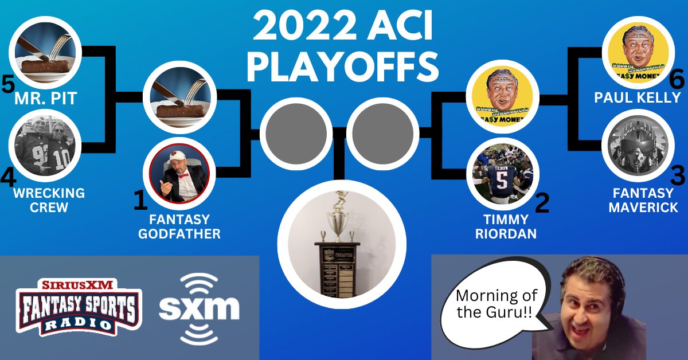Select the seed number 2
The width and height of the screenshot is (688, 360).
pyautogui.click(x=542, y=202)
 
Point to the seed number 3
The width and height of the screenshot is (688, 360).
pyautogui.click(x=678, y=175)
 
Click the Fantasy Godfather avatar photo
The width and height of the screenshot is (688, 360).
pyautogui.click(x=179, y=174)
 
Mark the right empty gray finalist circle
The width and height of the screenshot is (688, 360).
pyautogui.click(x=383, y=133)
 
